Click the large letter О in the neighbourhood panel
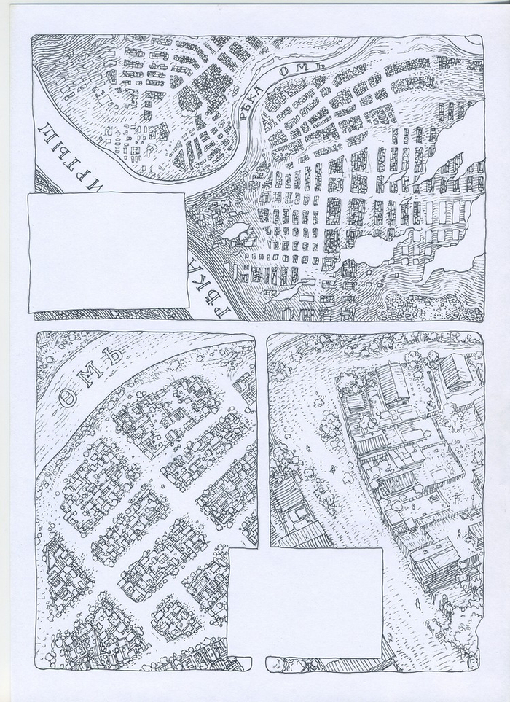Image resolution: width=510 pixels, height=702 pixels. point(66,397)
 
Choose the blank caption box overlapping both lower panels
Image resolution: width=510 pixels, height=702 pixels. point(305,602)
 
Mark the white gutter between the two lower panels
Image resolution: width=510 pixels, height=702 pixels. point(261,437)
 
